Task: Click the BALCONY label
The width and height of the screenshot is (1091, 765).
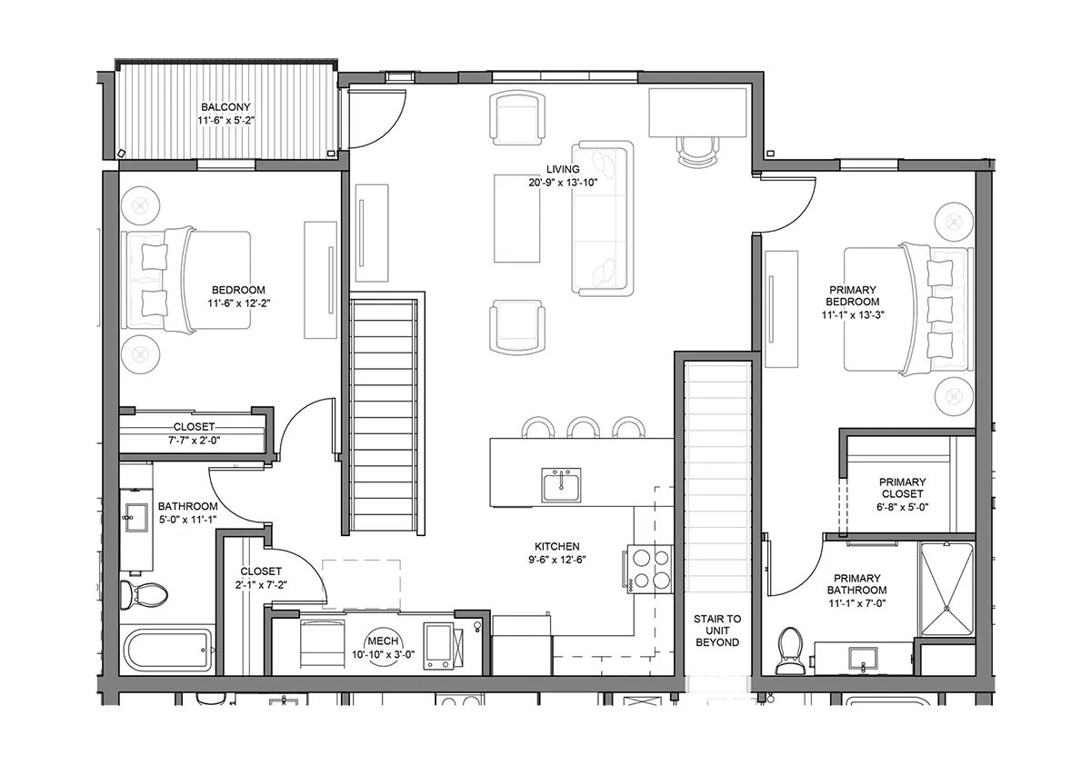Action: coord(226,106)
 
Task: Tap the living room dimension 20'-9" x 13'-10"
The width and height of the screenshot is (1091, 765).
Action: coord(563,183)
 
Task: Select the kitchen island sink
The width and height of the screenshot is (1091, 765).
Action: coord(561,485)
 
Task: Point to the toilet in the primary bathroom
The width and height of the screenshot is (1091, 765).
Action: coord(790,651)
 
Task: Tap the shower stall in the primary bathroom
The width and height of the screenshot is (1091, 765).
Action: coord(946,589)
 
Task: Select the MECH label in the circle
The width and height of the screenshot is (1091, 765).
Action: coord(384,641)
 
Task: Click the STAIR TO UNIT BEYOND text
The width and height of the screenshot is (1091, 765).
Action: coord(717,631)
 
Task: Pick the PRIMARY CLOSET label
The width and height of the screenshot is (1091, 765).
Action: coord(903,488)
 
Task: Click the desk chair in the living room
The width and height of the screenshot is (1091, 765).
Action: coord(698,152)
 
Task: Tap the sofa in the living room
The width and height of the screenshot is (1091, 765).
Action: coord(603,218)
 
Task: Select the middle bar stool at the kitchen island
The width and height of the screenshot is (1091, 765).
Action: coord(584,428)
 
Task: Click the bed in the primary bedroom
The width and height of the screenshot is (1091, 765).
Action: coord(907,310)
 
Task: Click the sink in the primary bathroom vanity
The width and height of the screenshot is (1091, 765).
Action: coord(863,659)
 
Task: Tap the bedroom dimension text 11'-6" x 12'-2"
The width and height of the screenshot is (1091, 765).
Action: coord(238,303)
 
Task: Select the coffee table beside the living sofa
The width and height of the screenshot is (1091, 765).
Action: coord(516,218)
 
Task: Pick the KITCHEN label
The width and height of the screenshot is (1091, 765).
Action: coord(557,547)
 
